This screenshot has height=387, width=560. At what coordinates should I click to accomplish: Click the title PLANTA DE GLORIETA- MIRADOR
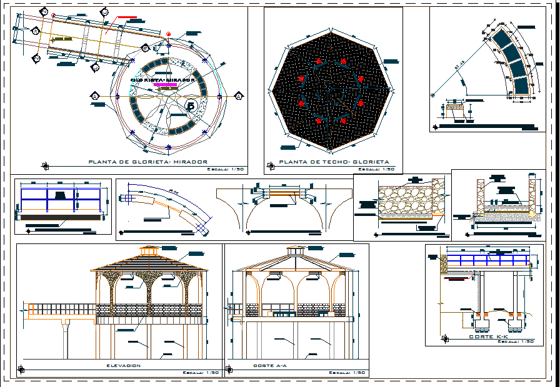coord(147,162)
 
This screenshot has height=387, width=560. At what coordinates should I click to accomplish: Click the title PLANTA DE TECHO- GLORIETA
coord(334,162)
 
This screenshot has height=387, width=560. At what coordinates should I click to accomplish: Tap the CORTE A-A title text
coord(270,365)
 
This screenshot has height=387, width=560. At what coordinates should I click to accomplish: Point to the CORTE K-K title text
coord(489,336)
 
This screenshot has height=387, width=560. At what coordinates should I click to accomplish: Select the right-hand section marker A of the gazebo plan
coord(239,96)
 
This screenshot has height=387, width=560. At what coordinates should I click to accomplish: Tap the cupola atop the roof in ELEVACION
coord(149,251)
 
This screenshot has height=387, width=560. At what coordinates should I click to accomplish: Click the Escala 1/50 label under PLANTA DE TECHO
coord(380,169)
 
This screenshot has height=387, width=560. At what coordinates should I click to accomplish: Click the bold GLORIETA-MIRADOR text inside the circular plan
coord(163,80)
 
